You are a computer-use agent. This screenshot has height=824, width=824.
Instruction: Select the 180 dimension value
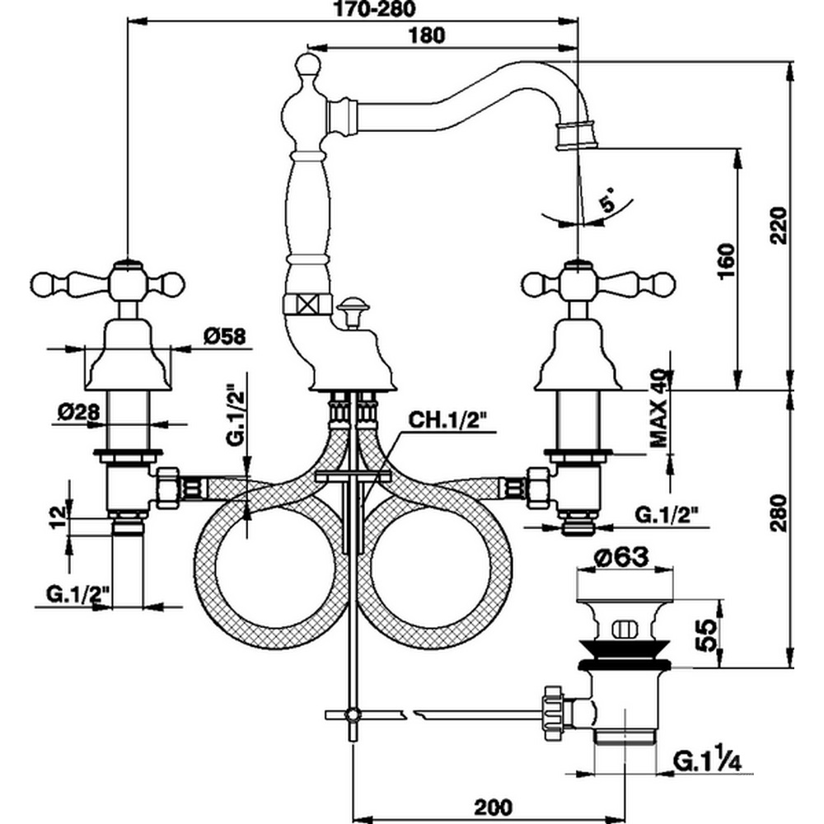coord(427,35)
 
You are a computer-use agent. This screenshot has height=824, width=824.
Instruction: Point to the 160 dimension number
coord(725,262)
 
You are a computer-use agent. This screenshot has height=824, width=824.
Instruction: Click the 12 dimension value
coord(56,517)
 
